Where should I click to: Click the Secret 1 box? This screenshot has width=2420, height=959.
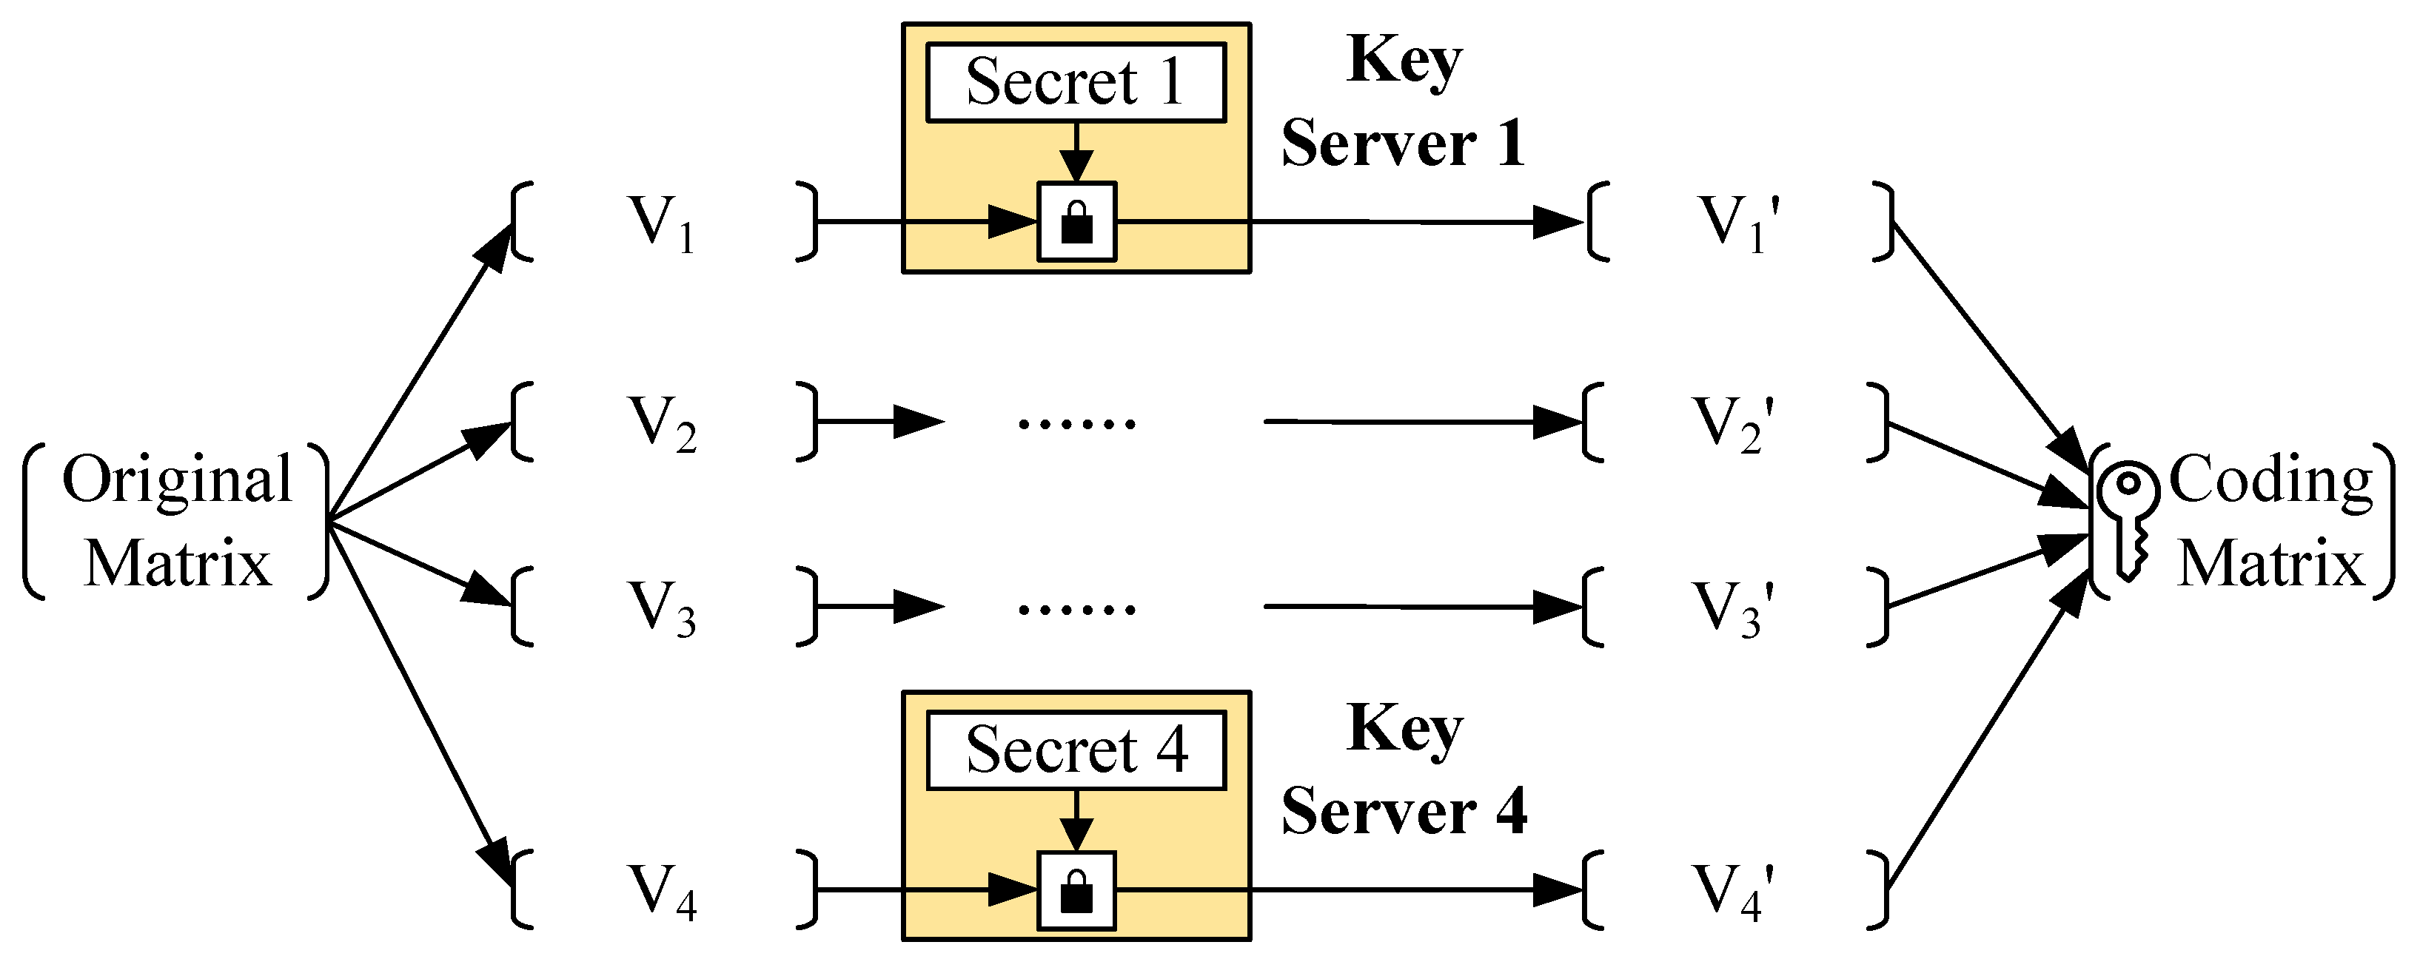tap(1076, 83)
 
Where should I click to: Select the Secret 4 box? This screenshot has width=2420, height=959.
tap(1076, 750)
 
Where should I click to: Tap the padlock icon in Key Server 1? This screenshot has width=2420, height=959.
tap(1076, 223)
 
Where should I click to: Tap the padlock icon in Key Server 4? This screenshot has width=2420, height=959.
tap(1076, 890)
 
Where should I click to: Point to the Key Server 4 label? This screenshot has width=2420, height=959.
tap(1403, 770)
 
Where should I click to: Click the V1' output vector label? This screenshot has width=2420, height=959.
tap(1738, 223)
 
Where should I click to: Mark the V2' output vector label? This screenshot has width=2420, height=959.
tap(1733, 423)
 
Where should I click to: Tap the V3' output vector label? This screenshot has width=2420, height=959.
tap(1733, 608)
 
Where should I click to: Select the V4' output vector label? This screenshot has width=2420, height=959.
tap(1733, 890)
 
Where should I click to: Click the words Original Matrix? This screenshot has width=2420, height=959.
tap(177, 521)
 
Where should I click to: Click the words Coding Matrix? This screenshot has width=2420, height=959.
tap(2270, 521)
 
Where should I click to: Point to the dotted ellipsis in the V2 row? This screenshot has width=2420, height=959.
tap(1076, 423)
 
